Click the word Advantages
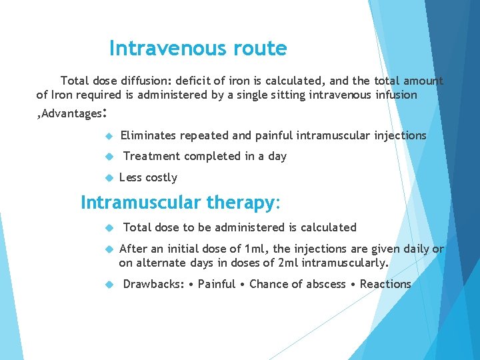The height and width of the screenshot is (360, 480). click(x=69, y=114)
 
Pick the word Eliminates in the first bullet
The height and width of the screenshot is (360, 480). click(x=148, y=135)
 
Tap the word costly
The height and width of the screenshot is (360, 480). click(x=161, y=177)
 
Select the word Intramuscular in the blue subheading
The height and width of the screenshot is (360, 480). click(x=141, y=202)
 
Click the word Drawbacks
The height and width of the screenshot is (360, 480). click(x=152, y=284)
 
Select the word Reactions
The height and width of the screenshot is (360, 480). click(x=385, y=284)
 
